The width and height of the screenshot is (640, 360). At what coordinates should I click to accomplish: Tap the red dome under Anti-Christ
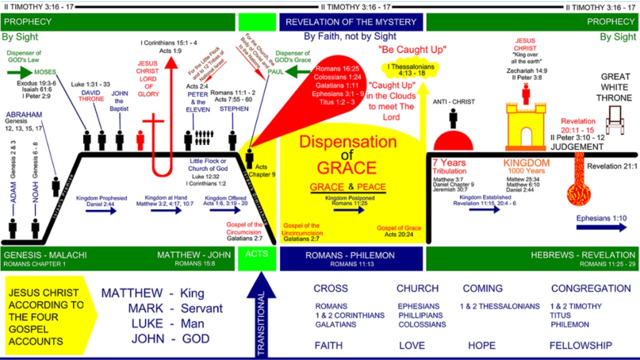(x=453, y=141)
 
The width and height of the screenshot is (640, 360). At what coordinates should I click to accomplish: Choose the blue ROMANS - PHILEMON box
(x=350, y=258)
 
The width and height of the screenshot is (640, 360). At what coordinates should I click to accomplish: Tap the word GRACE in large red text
(x=346, y=167)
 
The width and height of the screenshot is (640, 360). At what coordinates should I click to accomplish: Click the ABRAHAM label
(x=24, y=114)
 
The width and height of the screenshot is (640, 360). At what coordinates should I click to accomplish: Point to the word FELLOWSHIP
(x=580, y=345)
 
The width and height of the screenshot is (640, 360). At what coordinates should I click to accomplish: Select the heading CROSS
(x=330, y=288)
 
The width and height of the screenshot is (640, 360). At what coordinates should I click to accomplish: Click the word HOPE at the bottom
(x=481, y=345)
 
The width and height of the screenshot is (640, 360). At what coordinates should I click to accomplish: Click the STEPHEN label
(x=234, y=109)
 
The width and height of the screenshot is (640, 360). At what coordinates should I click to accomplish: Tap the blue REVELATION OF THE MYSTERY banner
(x=350, y=22)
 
